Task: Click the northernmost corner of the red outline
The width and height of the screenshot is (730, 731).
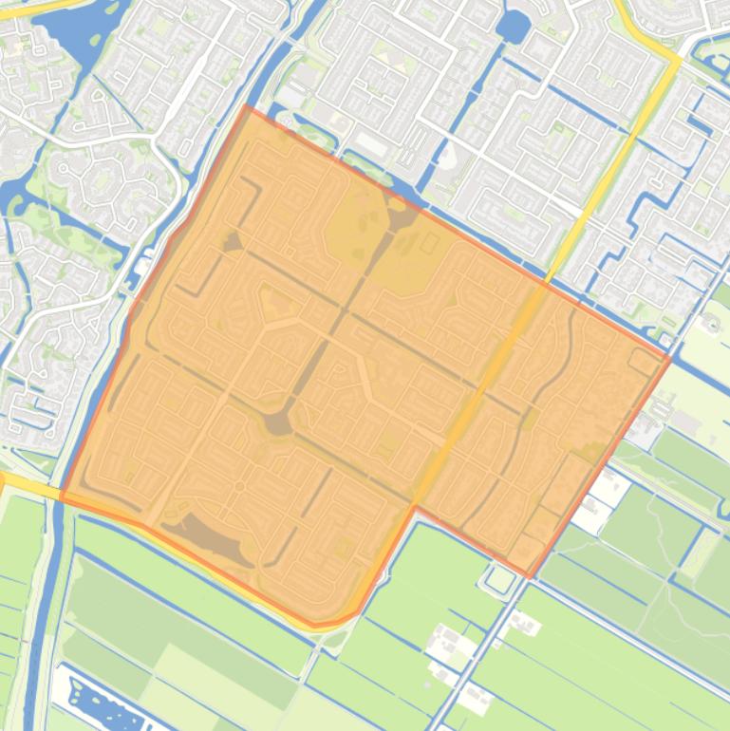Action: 247,106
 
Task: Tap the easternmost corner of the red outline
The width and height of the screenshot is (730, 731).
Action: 670,359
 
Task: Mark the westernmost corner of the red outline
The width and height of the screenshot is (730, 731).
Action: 61,496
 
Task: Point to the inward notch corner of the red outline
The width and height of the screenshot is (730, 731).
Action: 415,508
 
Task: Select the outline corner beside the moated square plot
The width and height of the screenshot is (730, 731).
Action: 530,576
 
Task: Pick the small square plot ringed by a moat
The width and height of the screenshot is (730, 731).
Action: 499,577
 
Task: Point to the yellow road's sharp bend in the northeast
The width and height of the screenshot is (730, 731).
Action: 678,59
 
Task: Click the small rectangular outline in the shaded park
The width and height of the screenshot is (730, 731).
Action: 429,243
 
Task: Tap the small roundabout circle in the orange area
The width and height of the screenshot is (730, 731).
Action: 239,487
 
